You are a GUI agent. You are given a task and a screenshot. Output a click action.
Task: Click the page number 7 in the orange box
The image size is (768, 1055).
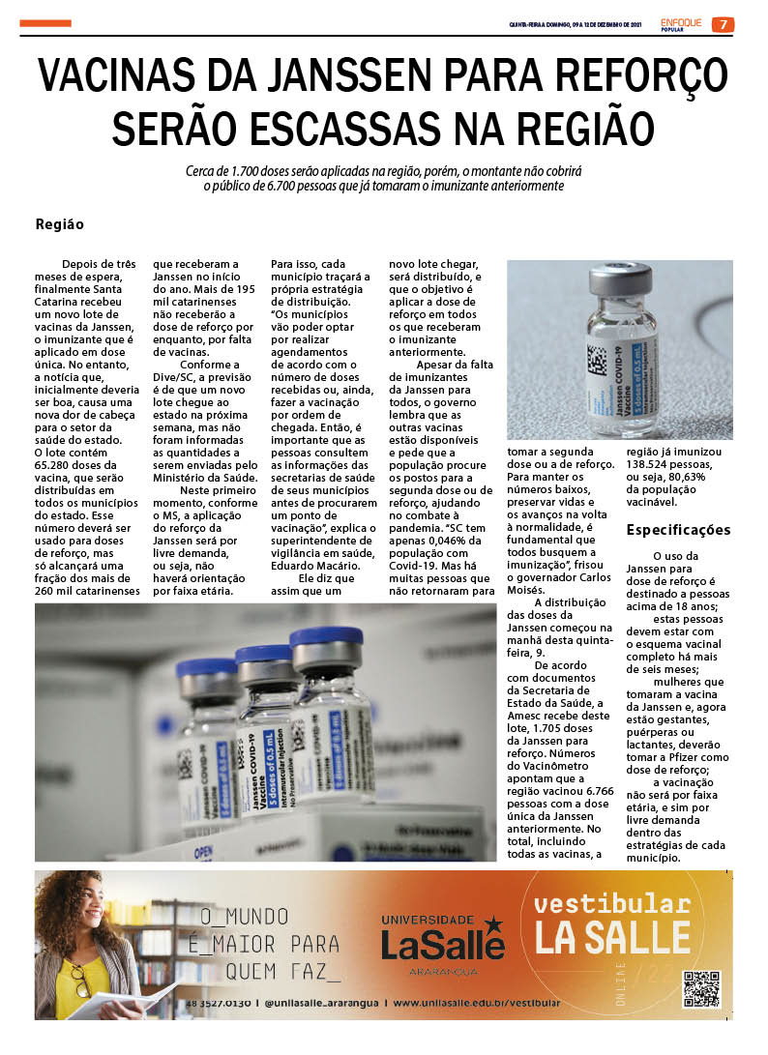[723, 24]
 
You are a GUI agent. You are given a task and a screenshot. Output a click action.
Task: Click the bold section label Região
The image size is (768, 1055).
[60, 224]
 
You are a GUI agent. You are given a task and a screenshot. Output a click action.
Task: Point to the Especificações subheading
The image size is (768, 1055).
[678, 530]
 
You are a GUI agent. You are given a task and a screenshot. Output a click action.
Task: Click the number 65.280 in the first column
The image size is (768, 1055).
[60, 464]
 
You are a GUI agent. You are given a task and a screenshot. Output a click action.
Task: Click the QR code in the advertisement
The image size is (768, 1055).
[701, 988]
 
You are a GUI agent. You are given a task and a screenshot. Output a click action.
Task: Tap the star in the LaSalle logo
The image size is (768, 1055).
[493, 923]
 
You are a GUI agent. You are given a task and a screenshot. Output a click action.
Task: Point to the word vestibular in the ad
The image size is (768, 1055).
[611, 904]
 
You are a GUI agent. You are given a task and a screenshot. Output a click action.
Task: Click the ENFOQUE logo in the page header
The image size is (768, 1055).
[683, 23]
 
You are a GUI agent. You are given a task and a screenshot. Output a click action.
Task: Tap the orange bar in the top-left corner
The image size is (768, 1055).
[45, 23]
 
